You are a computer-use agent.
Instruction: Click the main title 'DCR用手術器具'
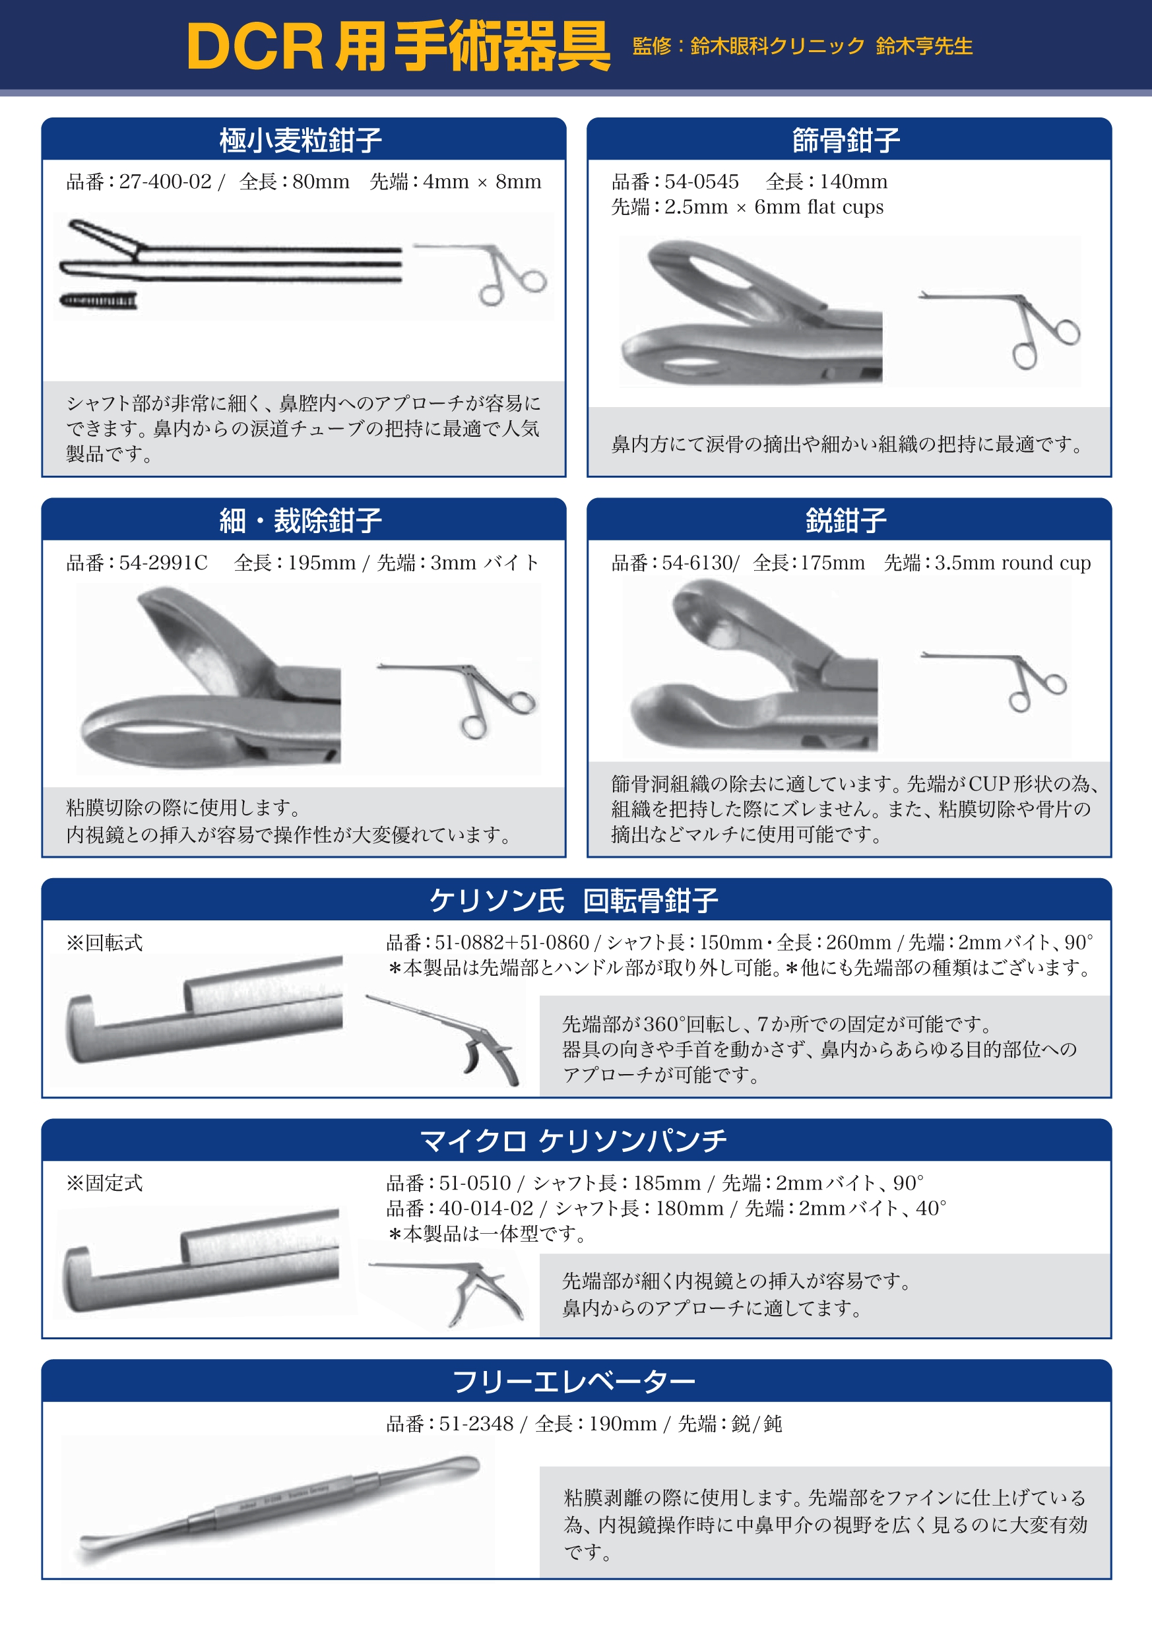pos(398,46)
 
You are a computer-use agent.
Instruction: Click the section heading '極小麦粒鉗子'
pos(301,141)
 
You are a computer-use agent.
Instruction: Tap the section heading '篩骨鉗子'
pos(847,141)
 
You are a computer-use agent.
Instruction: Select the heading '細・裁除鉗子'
pos(301,521)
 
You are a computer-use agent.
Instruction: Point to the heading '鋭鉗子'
pos(847,521)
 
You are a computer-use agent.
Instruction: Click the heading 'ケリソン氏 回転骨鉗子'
pos(574,901)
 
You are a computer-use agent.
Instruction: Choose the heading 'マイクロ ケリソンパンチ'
pos(574,1141)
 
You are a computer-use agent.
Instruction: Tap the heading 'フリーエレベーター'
pos(574,1382)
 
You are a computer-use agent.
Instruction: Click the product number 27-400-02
pos(166,181)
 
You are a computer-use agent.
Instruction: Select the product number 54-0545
pos(701,181)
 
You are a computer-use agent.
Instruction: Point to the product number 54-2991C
pos(163,563)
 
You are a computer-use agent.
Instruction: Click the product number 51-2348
pos(476,1424)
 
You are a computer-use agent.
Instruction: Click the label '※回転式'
pos(104,943)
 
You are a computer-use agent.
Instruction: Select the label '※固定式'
pos(104,1183)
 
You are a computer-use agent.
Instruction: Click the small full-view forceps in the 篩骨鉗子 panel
pos(1000,328)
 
